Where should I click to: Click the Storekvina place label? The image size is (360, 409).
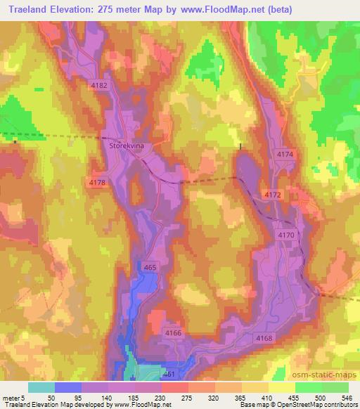127,145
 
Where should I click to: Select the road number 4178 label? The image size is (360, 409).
98,183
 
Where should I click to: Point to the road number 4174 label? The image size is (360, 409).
285,154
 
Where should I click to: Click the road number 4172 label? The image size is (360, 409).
272,193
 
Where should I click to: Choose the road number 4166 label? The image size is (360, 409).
173,332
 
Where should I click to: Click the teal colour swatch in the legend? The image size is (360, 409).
41,387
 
